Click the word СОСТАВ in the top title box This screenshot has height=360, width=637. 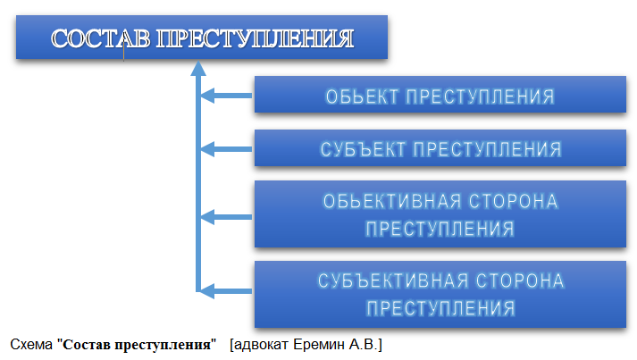(100, 38)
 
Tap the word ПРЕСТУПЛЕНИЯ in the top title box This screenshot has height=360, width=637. (256, 38)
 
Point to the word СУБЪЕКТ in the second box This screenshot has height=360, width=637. (363, 149)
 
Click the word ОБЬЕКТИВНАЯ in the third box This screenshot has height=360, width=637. (392, 202)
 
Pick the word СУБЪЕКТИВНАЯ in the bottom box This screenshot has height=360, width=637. (393, 281)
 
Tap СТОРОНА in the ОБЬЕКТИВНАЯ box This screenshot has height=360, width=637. (514, 202)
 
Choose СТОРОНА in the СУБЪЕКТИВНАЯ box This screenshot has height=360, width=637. (520, 281)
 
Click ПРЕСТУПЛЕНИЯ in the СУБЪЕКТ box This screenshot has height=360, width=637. (488, 149)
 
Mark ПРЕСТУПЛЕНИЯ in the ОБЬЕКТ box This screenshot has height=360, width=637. (481, 96)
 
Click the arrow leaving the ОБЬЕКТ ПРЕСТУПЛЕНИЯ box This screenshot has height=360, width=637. (226, 96)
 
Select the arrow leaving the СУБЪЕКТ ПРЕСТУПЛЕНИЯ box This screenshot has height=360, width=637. (226, 149)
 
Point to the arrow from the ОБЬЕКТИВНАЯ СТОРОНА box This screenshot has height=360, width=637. (226, 217)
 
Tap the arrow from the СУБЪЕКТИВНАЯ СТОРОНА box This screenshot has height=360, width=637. (226, 291)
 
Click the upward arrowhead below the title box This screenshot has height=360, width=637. (198, 69)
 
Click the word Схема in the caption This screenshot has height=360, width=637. (31, 345)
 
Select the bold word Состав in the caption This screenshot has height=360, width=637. (86, 345)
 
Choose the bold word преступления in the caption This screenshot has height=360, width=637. (162, 345)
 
